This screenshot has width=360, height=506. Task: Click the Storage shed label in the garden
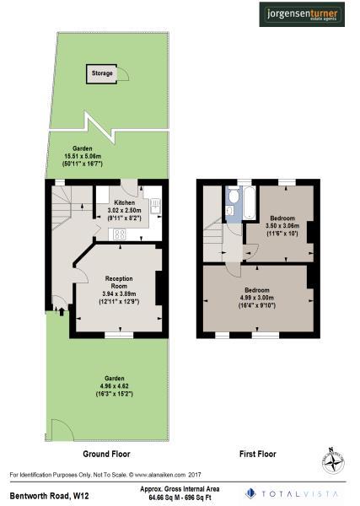coord(102,74)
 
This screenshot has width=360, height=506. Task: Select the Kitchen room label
coord(125,203)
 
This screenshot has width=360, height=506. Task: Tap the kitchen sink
coord(154,206)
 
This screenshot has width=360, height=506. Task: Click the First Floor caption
coord(255,454)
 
